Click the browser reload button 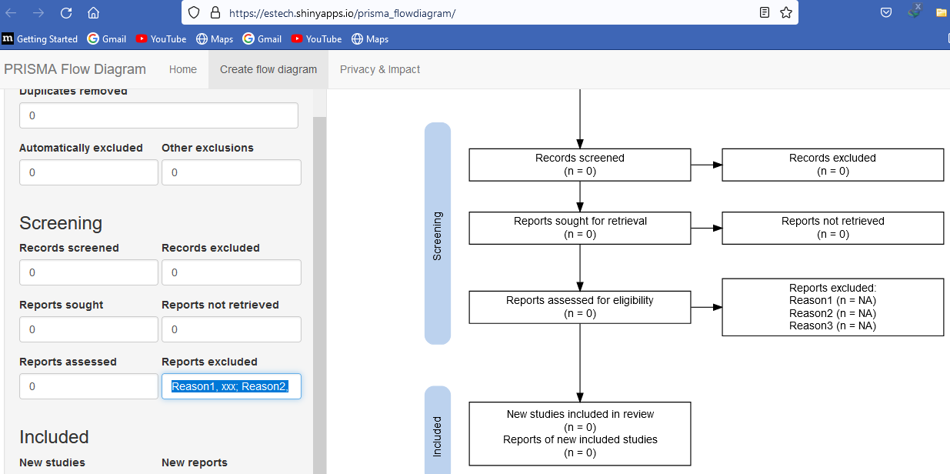(66, 12)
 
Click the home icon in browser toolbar (93, 12)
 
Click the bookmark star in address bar (785, 12)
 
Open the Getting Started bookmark (40, 38)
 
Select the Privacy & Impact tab (380, 69)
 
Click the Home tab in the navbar (183, 69)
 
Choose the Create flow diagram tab (268, 69)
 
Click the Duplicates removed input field (158, 115)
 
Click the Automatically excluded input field (88, 172)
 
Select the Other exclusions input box (231, 172)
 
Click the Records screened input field (88, 272)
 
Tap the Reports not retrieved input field (231, 329)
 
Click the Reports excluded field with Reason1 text (231, 386)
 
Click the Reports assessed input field (88, 386)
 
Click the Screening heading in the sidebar (61, 223)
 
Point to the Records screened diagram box (580, 165)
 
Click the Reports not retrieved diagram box (832, 228)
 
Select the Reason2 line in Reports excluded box (832, 313)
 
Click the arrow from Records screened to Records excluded (706, 165)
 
